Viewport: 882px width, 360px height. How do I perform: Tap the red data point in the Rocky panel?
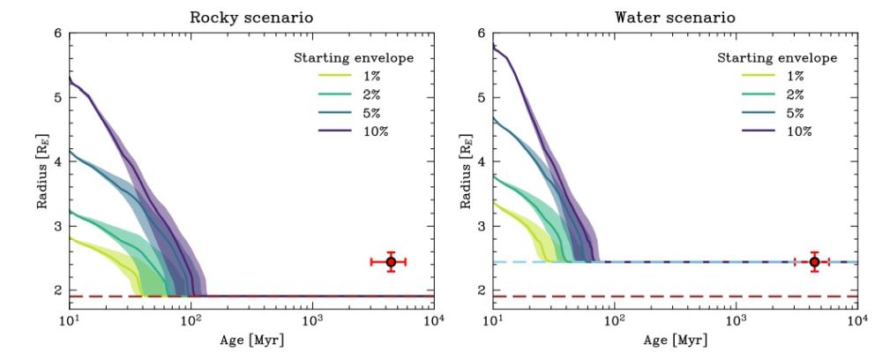(x=391, y=262)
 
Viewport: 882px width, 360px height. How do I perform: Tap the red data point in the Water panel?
(x=815, y=262)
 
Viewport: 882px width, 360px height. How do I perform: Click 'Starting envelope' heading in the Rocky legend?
(x=353, y=58)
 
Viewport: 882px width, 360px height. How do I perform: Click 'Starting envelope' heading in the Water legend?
(x=777, y=58)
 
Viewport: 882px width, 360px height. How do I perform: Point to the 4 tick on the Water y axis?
(x=482, y=161)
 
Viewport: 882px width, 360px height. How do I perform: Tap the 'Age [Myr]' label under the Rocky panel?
(x=250, y=341)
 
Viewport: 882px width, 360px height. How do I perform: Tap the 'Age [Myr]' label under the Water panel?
(x=675, y=341)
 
